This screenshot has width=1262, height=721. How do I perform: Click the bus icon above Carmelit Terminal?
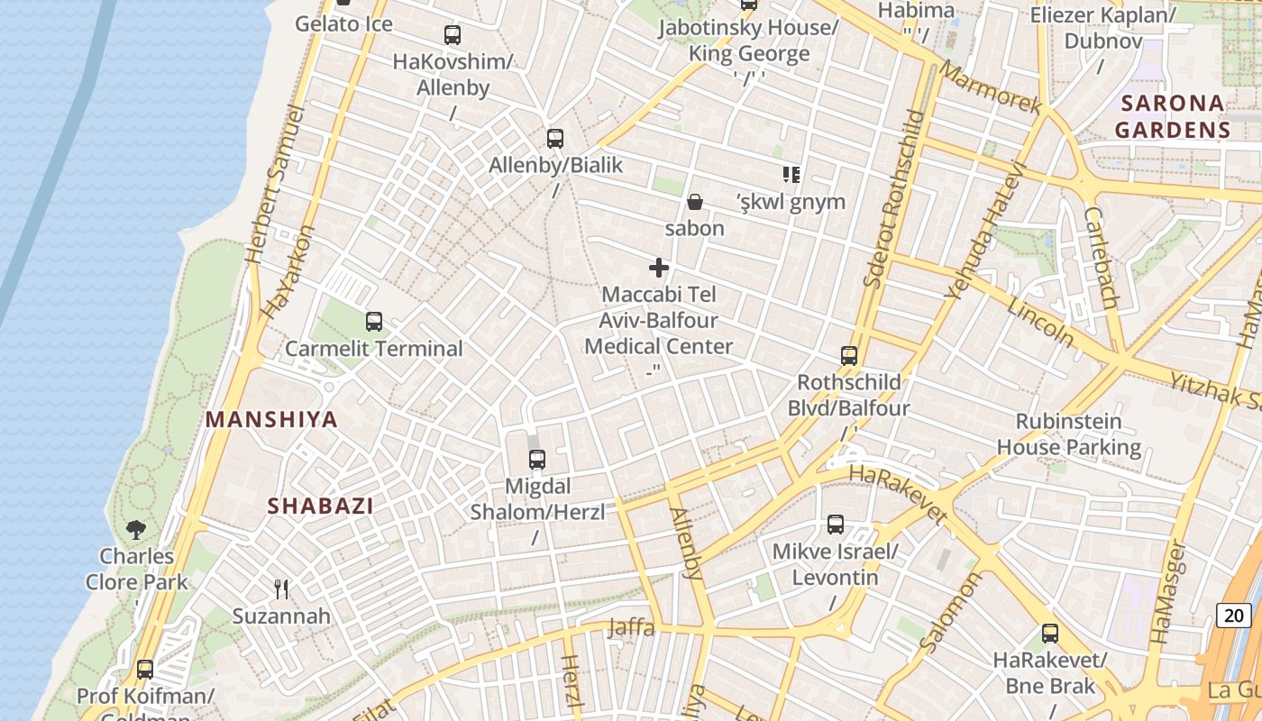click(373, 321)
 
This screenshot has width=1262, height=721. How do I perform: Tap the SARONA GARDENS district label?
click(1172, 116)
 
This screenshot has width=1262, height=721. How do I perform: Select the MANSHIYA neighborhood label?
click(271, 419)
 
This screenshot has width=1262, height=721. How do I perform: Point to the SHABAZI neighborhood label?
click(320, 506)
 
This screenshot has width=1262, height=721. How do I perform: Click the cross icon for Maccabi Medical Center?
click(659, 268)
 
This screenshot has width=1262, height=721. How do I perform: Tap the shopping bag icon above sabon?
click(695, 201)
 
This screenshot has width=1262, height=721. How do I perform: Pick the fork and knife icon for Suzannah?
click(281, 589)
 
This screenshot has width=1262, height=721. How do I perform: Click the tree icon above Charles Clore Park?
click(137, 529)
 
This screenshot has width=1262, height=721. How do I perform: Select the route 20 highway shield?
click(1234, 616)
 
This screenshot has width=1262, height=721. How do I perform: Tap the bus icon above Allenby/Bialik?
click(555, 139)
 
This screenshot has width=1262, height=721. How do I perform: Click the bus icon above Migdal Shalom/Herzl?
click(537, 460)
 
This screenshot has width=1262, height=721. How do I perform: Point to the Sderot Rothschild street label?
click(893, 198)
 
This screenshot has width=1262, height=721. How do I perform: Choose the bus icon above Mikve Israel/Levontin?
click(836, 525)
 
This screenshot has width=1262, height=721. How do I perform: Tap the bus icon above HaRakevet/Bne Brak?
click(1050, 634)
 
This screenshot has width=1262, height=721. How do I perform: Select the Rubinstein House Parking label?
click(1069, 434)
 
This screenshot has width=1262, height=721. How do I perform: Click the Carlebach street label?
click(1102, 258)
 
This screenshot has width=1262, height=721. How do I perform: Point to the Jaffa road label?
click(631, 627)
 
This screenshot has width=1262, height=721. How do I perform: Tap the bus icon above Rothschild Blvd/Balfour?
click(849, 356)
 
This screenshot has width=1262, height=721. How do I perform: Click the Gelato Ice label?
click(343, 24)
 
